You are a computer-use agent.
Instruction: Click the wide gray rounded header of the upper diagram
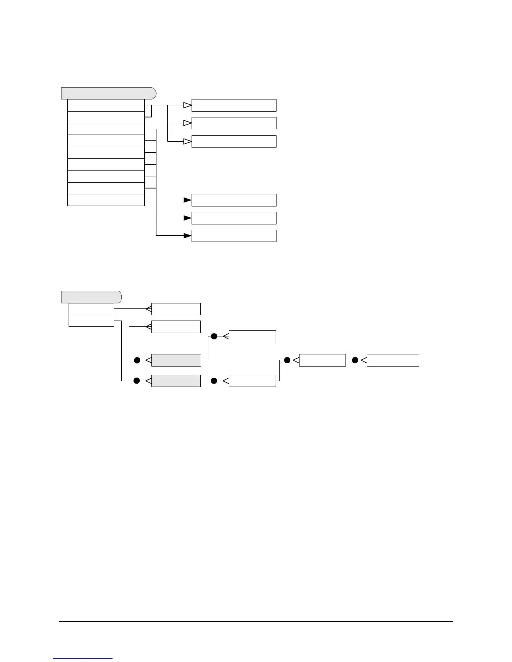point(109,93)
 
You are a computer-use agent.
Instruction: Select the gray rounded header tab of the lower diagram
point(91,297)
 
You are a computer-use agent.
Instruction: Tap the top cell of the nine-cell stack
point(106,105)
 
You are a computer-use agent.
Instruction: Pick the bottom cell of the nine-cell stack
point(106,200)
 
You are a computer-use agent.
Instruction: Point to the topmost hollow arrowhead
point(187,105)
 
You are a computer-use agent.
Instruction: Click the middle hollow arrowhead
point(187,123)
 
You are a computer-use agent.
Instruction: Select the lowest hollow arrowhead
point(187,142)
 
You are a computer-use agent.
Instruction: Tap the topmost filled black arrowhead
point(187,200)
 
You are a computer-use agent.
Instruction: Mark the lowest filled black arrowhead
point(187,236)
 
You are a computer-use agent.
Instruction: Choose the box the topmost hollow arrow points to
point(234,105)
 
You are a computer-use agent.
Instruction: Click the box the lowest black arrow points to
point(234,236)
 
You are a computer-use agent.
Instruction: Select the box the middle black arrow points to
point(234,218)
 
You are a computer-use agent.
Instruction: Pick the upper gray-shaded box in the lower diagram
point(176,360)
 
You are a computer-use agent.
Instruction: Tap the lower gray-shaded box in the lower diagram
point(176,381)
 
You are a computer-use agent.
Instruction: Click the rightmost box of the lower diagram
point(393,360)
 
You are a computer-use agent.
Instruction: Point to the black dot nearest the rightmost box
point(355,360)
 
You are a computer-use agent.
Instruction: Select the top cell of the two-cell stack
point(91,309)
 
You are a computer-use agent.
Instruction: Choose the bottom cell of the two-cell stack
point(91,321)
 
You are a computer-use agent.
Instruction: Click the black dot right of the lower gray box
point(214,381)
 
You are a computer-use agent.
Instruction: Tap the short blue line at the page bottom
point(83,659)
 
